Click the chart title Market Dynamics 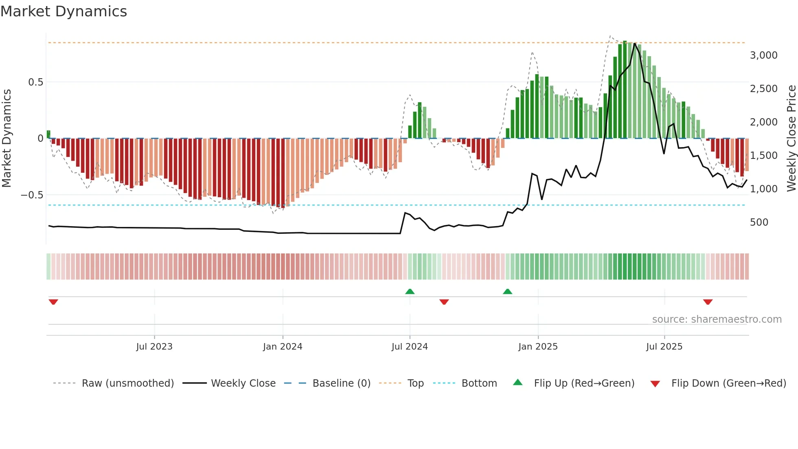[64, 11]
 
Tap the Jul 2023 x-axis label [154, 347]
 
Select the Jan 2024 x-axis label [283, 347]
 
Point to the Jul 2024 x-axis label [410, 347]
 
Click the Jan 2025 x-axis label [538, 347]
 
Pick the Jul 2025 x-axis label [664, 347]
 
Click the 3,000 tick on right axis [763, 55]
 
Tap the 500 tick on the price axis [759, 222]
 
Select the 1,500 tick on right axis [763, 156]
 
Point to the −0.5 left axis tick [32, 195]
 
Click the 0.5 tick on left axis [35, 82]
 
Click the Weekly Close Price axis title [791, 139]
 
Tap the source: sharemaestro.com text [717, 319]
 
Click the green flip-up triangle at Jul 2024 [410, 292]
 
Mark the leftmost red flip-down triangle [53, 302]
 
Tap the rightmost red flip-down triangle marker [708, 302]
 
